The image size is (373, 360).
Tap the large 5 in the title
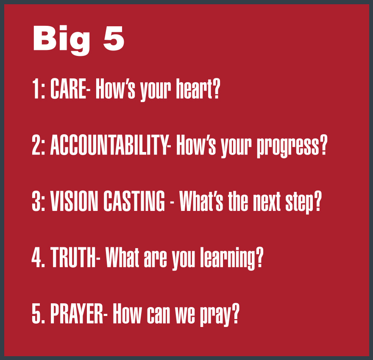pyautogui.click(x=114, y=38)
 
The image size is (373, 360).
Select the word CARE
pyautogui.click(x=68, y=89)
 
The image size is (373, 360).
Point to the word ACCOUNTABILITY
pyautogui.click(x=109, y=145)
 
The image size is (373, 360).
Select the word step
pyautogui.click(x=299, y=202)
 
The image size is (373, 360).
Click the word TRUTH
pyautogui.click(x=73, y=257)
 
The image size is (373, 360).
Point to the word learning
pyautogui.click(x=228, y=259)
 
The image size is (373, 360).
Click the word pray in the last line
pyautogui.click(x=215, y=316)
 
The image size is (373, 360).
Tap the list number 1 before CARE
pyautogui.click(x=36, y=89)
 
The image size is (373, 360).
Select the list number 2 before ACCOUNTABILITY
pyautogui.click(x=36, y=145)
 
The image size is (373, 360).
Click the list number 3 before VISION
pyautogui.click(x=36, y=201)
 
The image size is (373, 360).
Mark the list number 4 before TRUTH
pyautogui.click(x=36, y=257)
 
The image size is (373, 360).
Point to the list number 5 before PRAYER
pyautogui.click(x=36, y=313)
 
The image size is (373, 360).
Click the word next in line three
pyautogui.click(x=267, y=202)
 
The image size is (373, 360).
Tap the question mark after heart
pyautogui.click(x=217, y=89)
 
